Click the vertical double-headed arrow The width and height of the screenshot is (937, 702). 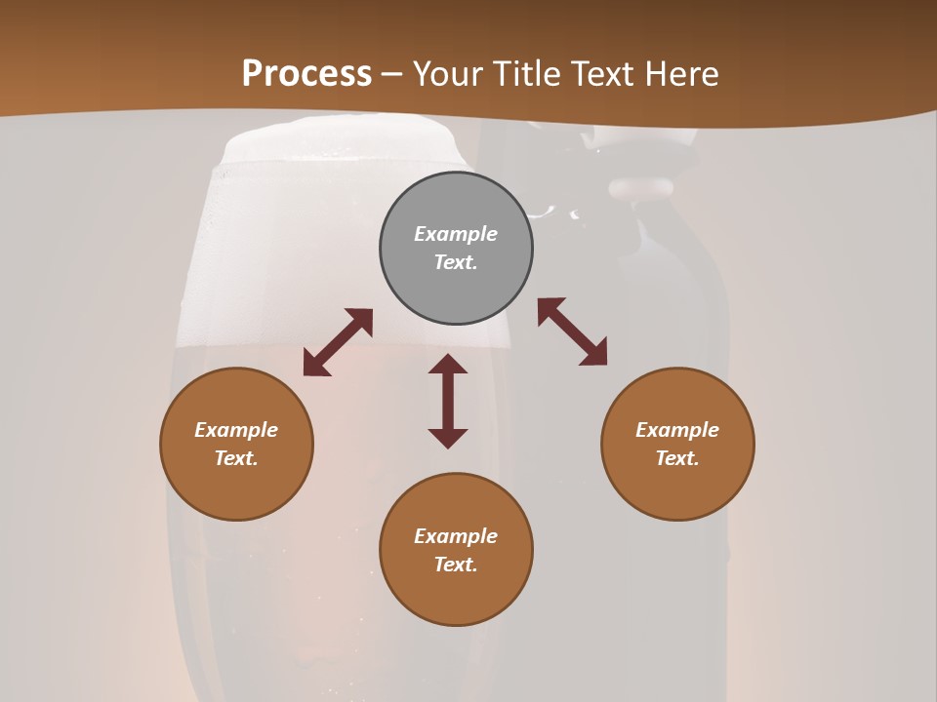point(448,401)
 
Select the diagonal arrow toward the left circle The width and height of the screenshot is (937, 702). point(338,342)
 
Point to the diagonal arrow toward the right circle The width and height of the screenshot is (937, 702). point(572,331)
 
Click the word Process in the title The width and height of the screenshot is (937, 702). point(306,73)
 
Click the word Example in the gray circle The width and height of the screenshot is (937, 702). point(456,234)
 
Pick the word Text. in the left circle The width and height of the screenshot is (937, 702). point(236,458)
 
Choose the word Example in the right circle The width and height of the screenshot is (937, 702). point(677,430)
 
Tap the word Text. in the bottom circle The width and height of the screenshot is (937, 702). point(456,565)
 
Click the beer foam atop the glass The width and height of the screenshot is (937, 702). point(342,146)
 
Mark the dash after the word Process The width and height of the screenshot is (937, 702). point(392,74)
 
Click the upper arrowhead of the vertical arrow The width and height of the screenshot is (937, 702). point(448,365)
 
